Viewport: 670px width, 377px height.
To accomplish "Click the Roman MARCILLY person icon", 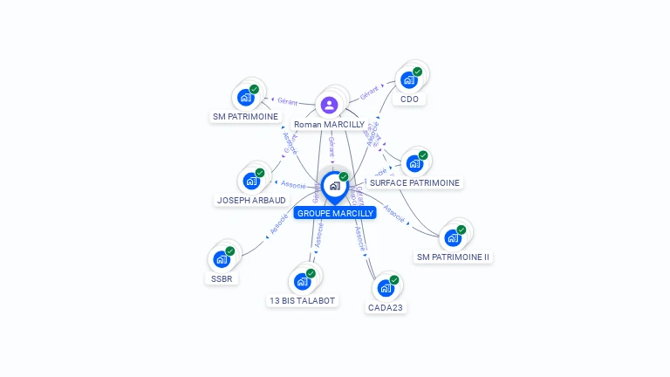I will (329, 106).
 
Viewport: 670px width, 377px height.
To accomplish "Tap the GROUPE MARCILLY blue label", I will (335, 213).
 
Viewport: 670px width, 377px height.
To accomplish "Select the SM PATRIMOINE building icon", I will (245, 98).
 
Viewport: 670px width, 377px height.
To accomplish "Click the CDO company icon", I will (408, 80).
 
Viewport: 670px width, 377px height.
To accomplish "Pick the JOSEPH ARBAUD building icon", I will (251, 182).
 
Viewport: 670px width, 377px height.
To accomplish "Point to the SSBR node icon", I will (222, 259).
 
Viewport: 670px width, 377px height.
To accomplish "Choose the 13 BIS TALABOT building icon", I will (302, 281).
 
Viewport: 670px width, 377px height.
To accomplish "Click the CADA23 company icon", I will (386, 288).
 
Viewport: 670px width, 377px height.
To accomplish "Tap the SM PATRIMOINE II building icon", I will (453, 237).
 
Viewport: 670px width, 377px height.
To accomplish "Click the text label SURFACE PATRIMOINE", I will (414, 183).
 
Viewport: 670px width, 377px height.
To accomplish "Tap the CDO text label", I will (409, 99).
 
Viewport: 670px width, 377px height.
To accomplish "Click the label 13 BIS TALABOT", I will (302, 301).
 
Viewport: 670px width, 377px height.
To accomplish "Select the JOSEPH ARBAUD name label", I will (251, 201).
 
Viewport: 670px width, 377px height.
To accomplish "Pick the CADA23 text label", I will (386, 307).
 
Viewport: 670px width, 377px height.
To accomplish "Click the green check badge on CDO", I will (418, 72).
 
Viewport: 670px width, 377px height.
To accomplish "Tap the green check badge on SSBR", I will (230, 251).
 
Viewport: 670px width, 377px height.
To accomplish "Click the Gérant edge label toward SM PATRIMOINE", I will (287, 101).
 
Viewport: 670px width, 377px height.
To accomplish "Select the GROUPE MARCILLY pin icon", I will (334, 186).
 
